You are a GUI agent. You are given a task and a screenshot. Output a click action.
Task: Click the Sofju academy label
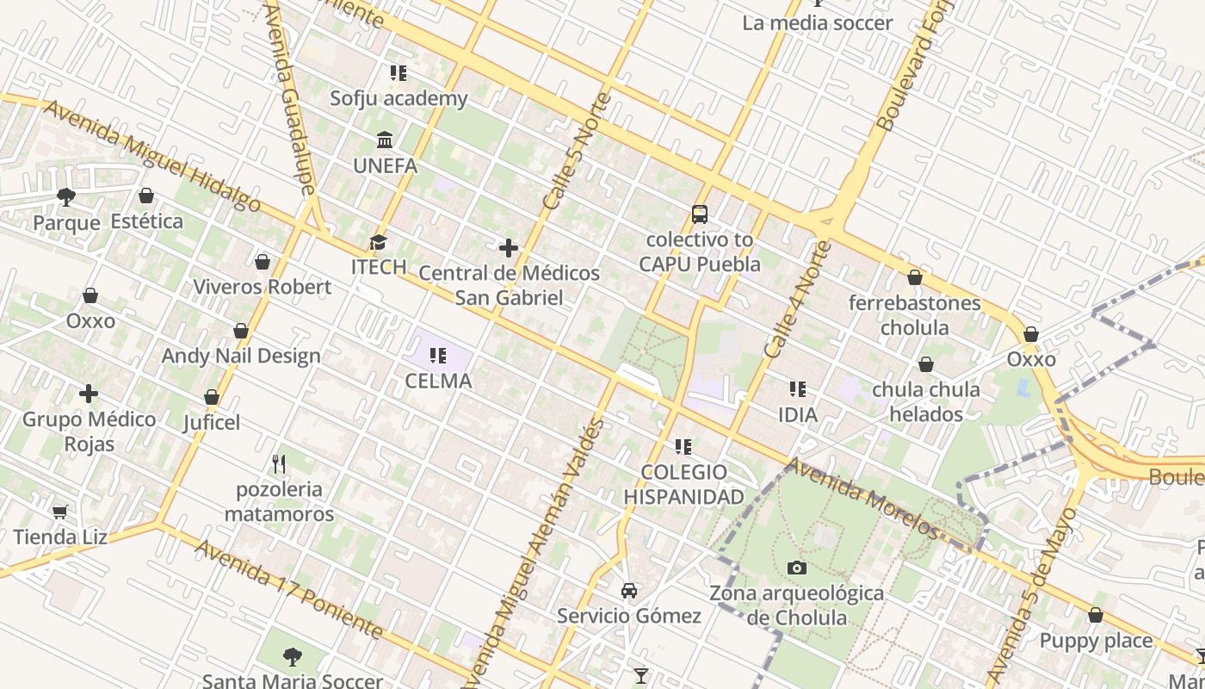point(399,98)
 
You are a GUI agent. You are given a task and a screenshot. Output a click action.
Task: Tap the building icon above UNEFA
point(385,140)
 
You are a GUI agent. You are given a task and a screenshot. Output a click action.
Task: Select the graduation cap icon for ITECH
point(378,242)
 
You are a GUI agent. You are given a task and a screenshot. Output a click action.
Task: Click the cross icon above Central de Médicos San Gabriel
point(509,248)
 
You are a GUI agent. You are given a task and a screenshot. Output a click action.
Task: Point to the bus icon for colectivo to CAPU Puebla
point(699,214)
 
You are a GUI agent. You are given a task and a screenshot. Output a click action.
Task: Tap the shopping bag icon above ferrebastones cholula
point(914,277)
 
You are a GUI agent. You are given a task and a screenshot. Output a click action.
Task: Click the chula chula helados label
point(925,401)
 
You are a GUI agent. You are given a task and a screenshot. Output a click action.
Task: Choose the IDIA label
point(797,414)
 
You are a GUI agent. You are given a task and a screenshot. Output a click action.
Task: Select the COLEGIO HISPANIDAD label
point(683,484)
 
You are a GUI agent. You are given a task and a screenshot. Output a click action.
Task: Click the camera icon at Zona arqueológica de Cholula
point(797,568)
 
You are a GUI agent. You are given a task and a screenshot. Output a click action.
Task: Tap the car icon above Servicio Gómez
point(629,591)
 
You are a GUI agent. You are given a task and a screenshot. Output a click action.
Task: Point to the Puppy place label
point(1095,641)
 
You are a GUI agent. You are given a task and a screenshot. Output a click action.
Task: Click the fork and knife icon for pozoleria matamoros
point(278,464)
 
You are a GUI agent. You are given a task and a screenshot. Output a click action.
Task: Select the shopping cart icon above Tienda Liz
point(59,512)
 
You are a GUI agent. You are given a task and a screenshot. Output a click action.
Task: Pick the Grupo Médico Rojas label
point(90,431)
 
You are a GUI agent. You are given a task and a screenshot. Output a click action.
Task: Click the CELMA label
point(438,381)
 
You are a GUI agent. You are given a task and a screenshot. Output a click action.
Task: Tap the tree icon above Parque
point(66,197)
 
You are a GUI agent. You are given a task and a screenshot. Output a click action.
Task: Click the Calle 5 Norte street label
point(578,152)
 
